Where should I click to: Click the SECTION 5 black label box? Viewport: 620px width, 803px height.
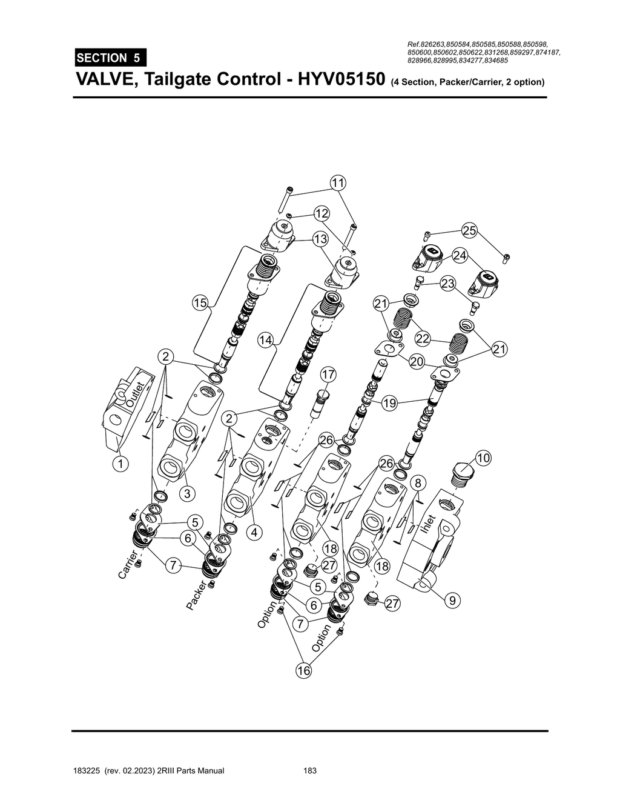click(x=111, y=58)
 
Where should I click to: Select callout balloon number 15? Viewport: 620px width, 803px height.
click(x=200, y=303)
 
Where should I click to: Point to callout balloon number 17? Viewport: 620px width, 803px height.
click(x=328, y=375)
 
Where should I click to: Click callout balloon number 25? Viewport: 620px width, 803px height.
click(x=469, y=230)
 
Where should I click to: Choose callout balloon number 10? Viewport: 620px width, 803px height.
click(x=483, y=458)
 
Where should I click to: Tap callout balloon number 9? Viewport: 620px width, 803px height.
click(x=452, y=601)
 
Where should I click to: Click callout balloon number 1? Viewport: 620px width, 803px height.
click(x=120, y=464)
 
